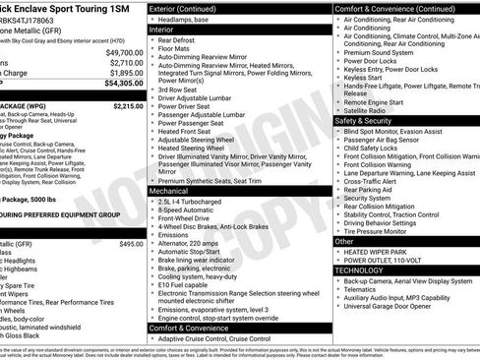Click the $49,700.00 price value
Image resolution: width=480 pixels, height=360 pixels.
click(123, 51)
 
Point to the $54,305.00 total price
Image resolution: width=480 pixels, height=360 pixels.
click(123, 85)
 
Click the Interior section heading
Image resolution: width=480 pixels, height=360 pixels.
click(161, 30)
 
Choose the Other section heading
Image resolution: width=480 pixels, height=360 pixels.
click(344, 241)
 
